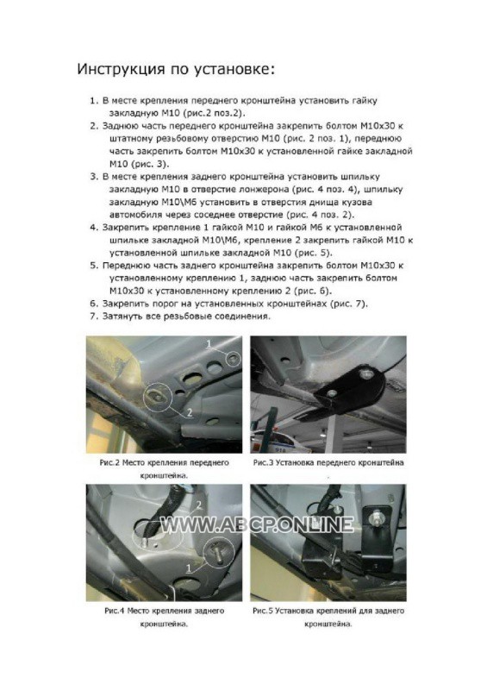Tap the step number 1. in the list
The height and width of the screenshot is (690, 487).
93,101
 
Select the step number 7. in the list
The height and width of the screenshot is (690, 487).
93,317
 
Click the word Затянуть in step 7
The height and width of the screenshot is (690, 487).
119,317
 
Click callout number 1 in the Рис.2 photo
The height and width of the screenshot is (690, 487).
209,343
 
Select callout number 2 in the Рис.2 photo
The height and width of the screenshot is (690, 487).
190,412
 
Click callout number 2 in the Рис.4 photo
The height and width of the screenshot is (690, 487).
198,505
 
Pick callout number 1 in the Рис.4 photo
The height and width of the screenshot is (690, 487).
189,568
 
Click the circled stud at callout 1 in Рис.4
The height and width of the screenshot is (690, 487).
218,551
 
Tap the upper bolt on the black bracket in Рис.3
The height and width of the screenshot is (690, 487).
365,374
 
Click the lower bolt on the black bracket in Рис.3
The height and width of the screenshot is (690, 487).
333,392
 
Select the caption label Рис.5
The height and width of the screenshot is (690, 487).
263,611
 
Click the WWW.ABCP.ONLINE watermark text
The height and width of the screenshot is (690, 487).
257,524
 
